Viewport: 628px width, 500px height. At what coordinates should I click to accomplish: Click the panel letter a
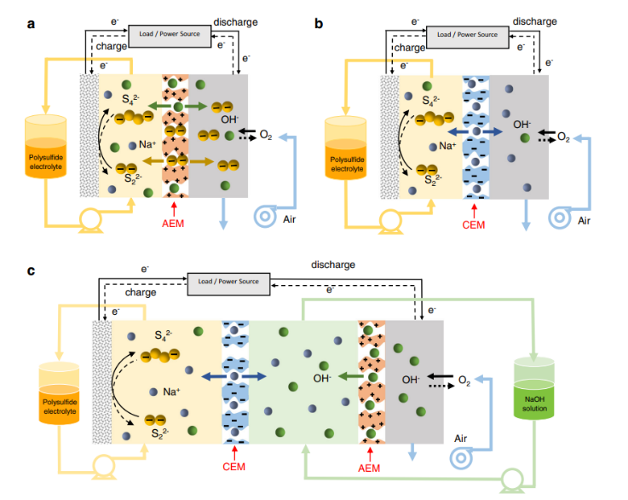coord(31,24)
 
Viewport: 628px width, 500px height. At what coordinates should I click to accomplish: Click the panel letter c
coord(31,270)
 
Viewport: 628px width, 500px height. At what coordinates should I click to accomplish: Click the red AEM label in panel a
coord(174,224)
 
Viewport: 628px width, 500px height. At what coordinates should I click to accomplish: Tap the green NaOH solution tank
coord(533,387)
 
